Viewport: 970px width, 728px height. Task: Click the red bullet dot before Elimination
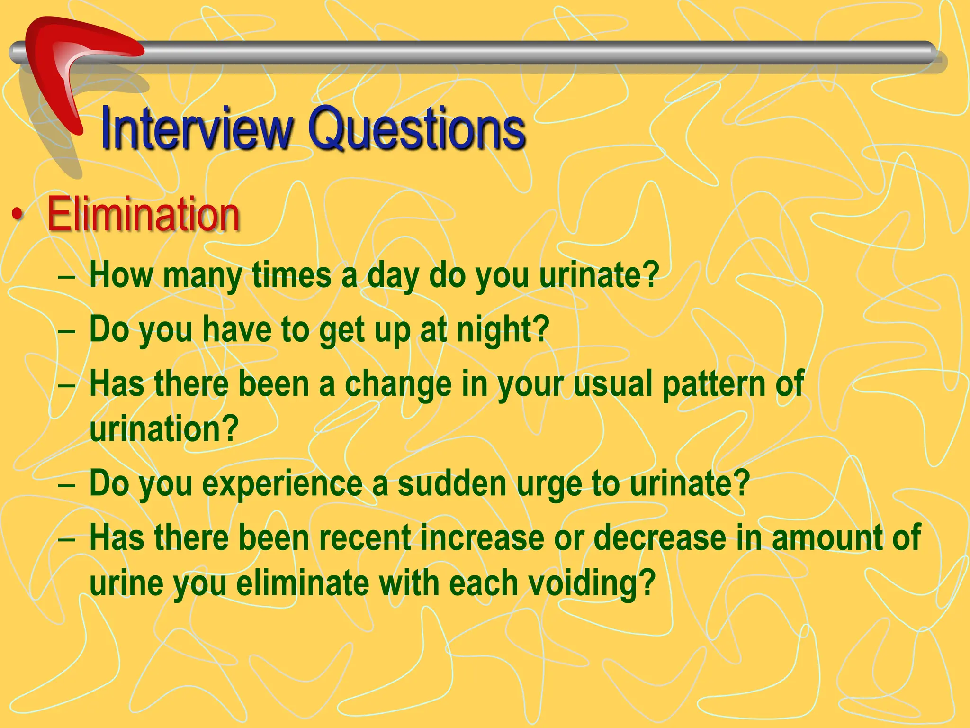click(18, 216)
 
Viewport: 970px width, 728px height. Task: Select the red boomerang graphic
click(66, 66)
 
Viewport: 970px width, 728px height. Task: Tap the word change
click(398, 384)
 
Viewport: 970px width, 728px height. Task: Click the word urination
click(164, 429)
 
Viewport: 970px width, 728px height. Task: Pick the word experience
click(282, 483)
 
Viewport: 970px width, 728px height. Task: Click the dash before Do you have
click(66, 331)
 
